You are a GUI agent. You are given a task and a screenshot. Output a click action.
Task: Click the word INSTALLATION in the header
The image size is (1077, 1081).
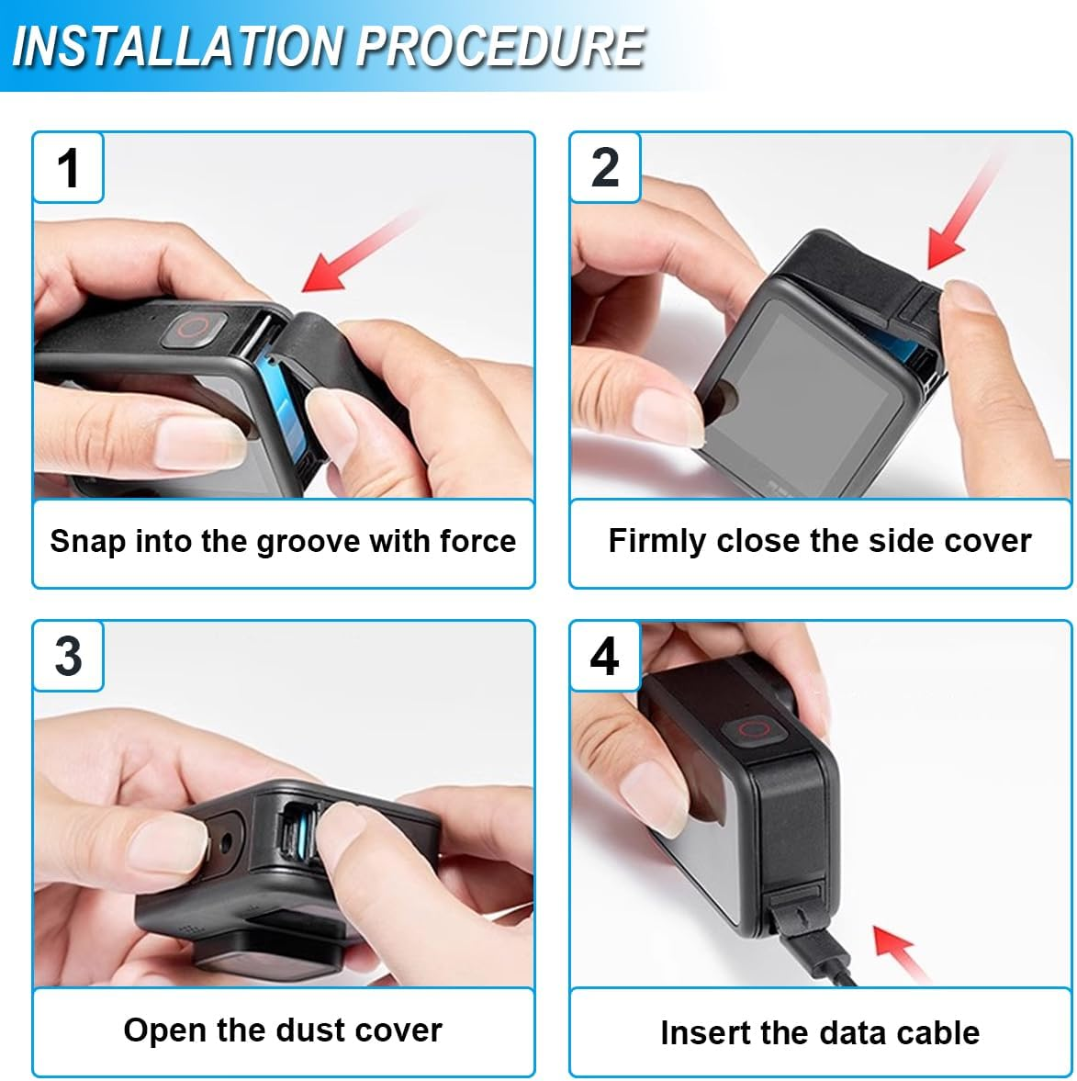[x=178, y=46]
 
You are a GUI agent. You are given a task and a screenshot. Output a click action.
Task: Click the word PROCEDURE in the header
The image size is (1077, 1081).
[x=500, y=46]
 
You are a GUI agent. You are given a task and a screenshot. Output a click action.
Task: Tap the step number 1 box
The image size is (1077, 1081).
[x=68, y=167]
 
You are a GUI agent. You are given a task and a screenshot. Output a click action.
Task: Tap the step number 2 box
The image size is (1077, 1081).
[x=605, y=167]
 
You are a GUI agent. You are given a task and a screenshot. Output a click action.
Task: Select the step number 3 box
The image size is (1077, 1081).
[x=68, y=656]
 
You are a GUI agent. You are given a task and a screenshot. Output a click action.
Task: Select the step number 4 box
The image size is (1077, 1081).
[x=605, y=656]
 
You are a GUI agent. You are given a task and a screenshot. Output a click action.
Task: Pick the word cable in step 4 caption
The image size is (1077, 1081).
[x=939, y=1032]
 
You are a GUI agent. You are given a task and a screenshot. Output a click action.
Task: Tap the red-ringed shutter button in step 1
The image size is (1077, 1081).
[x=195, y=329]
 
